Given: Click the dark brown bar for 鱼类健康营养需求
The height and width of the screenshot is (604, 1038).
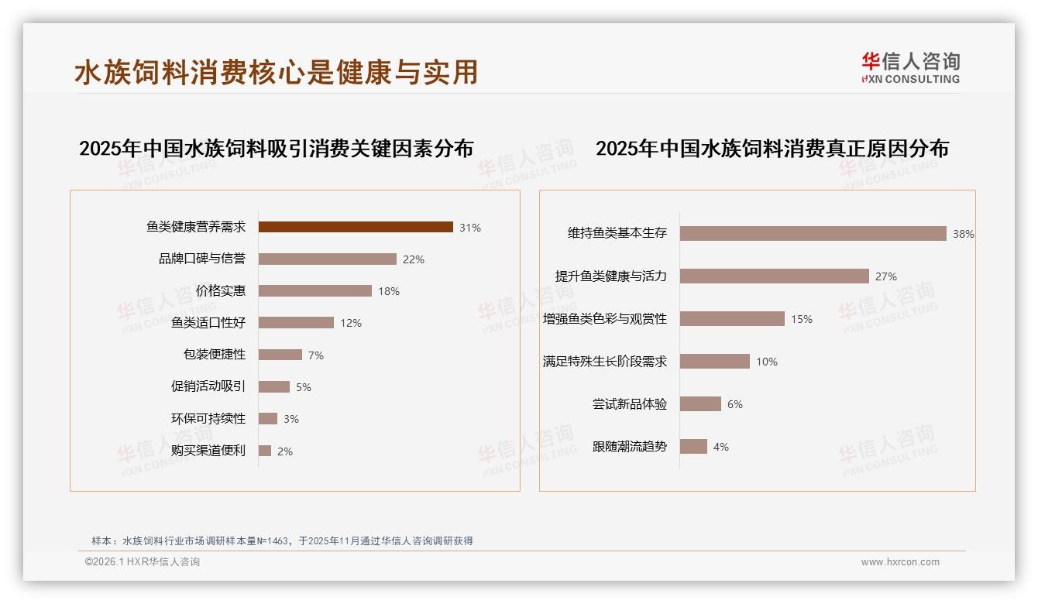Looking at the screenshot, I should click(356, 227).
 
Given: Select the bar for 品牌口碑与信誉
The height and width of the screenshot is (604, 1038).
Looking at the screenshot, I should click(327, 259).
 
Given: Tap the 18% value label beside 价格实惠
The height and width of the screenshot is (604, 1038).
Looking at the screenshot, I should click(389, 291).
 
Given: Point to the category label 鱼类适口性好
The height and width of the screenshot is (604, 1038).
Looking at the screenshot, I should click(208, 323).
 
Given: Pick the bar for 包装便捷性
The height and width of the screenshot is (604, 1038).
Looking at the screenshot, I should click(280, 355).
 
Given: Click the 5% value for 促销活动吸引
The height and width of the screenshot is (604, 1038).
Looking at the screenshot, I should click(304, 387).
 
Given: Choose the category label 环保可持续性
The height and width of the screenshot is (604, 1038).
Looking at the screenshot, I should click(208, 419).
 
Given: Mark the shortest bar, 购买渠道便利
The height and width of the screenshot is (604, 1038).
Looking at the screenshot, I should click(265, 451).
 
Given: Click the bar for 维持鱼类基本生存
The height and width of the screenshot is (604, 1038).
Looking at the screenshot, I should click(813, 233).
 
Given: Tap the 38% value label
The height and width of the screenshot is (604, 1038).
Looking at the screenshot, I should click(964, 234).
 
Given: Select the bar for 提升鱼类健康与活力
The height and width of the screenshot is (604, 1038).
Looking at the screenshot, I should click(774, 276).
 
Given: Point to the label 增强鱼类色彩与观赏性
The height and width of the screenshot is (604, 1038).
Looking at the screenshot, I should click(605, 319).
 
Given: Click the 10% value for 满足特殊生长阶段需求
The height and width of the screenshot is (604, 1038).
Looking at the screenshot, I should click(767, 362).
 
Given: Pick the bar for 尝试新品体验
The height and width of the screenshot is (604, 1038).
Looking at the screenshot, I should click(700, 404).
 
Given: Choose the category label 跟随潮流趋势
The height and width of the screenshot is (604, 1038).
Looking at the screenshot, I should click(630, 447).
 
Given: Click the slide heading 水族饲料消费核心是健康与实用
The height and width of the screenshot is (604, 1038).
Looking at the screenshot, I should click(277, 72).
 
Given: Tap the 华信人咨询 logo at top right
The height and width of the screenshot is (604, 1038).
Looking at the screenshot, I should click(910, 67).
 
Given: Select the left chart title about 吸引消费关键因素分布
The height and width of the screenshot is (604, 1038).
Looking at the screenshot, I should click(277, 149).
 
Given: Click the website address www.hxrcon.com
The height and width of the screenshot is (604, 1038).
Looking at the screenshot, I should click(900, 562).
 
